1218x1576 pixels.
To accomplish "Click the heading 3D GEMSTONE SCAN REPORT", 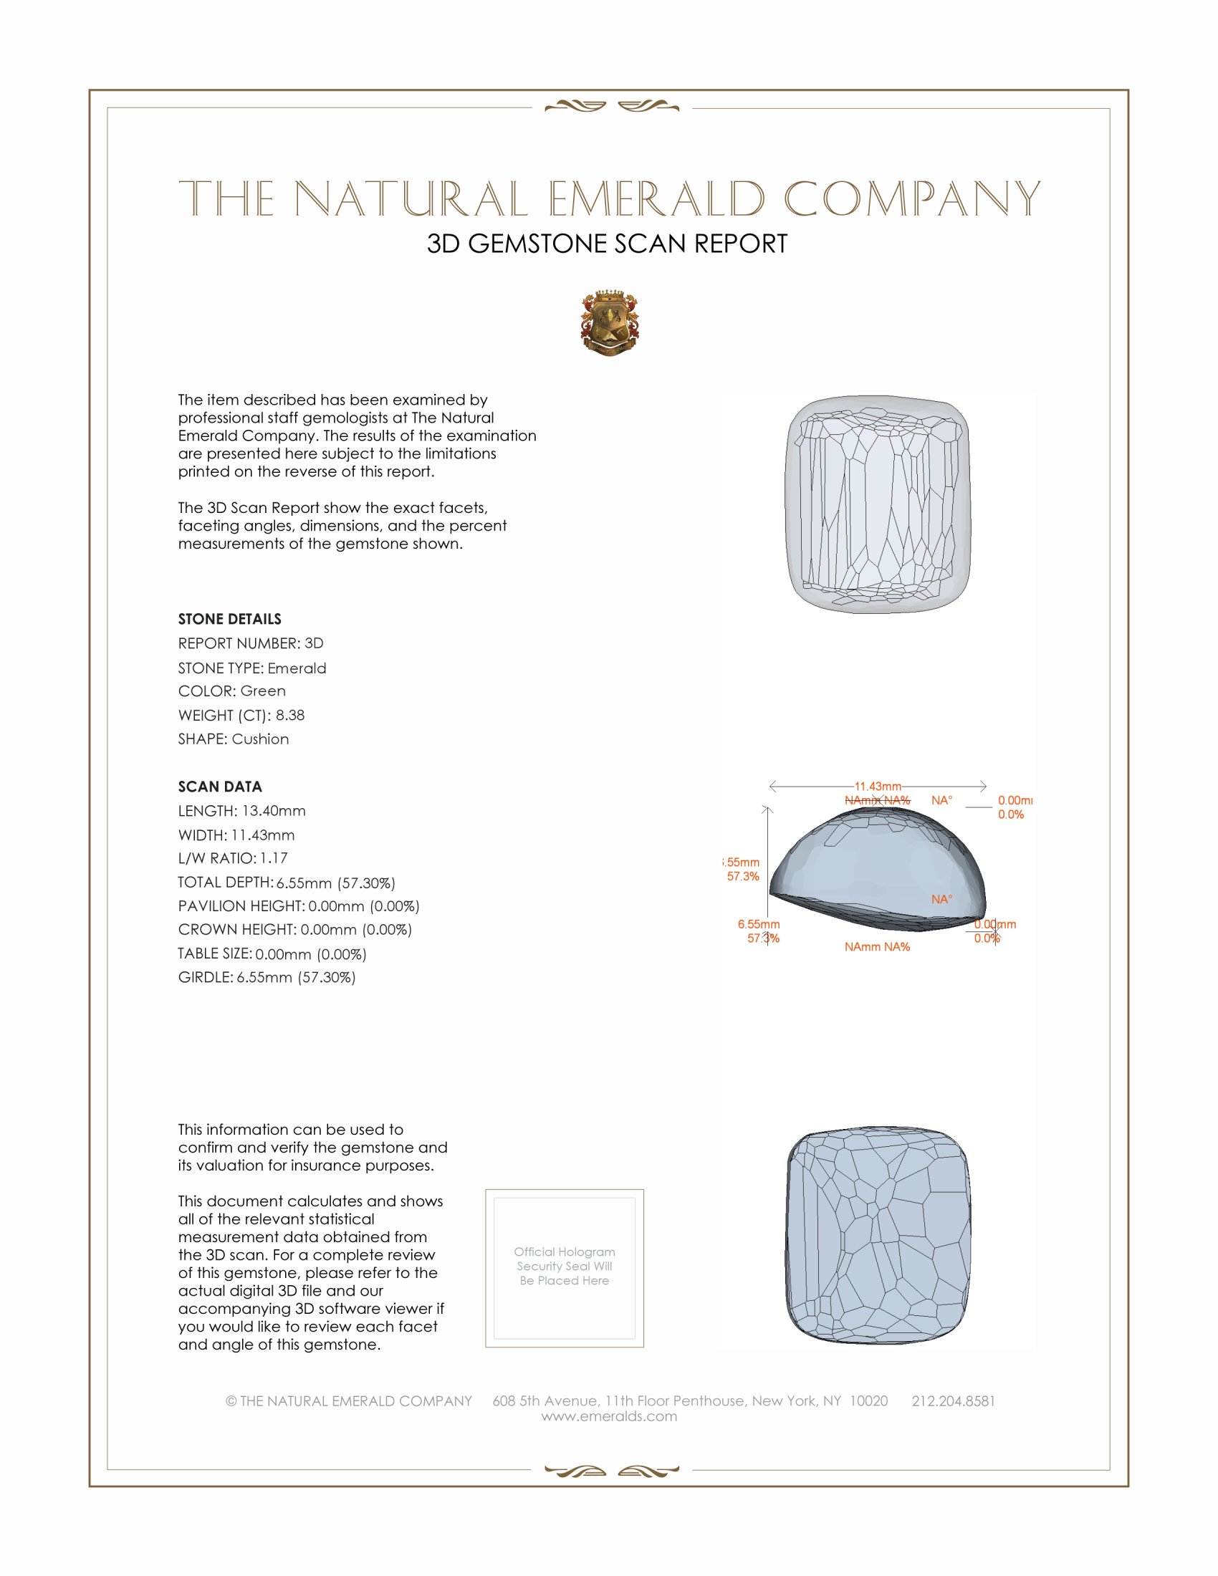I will [607, 244].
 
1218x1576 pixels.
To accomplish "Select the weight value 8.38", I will [290, 715].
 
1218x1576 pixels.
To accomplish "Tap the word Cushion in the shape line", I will [260, 739].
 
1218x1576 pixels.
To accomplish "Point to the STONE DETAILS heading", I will [229, 619].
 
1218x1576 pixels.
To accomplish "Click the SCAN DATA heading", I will [220, 787].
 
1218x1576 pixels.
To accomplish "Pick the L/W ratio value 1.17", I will [274, 858].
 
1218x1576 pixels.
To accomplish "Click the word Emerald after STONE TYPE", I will [297, 668].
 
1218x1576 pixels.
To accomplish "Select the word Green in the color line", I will [263, 691].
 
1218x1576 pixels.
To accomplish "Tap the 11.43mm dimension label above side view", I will [878, 786].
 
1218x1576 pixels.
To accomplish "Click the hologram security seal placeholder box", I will [565, 1268].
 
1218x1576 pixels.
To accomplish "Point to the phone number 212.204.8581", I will [953, 1400].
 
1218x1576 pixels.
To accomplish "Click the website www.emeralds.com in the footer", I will [609, 1416].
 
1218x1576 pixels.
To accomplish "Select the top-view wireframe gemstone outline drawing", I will [877, 504].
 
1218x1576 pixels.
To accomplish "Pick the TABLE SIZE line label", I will [215, 953].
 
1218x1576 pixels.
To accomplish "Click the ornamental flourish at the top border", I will [611, 107].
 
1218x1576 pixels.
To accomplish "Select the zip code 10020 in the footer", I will [868, 1400].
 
